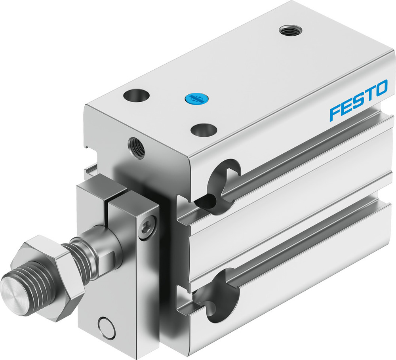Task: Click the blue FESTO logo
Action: coord(358,100)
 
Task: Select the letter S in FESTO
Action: coord(359,100)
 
